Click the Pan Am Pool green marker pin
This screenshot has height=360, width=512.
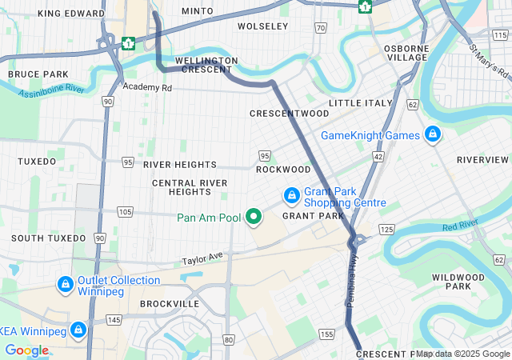pos(254,217)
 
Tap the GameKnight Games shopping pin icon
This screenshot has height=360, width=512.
pos(433,134)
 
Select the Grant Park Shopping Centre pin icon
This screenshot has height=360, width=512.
pos(292,195)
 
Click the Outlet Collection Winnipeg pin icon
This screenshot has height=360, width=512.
pos(66,284)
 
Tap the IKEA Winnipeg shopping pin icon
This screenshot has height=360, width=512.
pos(78,330)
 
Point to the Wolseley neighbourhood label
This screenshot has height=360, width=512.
pos(262,26)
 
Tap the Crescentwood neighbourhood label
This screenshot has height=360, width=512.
pos(289,114)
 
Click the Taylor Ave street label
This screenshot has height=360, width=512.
pos(202,260)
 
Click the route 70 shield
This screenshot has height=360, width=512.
pos(320,28)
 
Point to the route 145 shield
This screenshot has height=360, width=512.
pos(114,320)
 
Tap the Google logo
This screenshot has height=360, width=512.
pos(26,350)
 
